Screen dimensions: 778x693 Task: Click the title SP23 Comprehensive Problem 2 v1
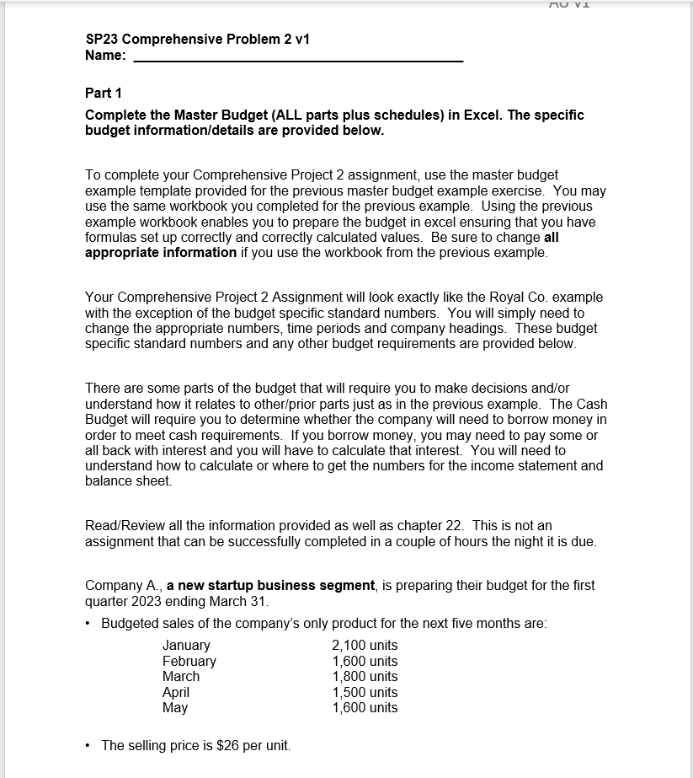click(197, 39)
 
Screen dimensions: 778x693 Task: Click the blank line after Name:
click(298, 59)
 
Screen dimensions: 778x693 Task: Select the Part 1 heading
click(104, 93)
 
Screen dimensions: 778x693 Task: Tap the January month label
click(186, 646)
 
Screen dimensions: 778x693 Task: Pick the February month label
click(189, 661)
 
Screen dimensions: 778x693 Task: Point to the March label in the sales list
click(181, 676)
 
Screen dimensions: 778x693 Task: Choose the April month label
click(176, 692)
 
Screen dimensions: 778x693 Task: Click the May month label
click(175, 707)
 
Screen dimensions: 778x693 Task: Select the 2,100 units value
click(365, 646)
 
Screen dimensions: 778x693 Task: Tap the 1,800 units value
click(365, 676)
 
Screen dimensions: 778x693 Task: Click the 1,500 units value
click(365, 692)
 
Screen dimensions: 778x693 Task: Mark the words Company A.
click(122, 585)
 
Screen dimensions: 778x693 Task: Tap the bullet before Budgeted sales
click(89, 624)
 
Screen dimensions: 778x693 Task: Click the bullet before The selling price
click(89, 745)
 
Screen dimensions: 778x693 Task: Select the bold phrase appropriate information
click(161, 252)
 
